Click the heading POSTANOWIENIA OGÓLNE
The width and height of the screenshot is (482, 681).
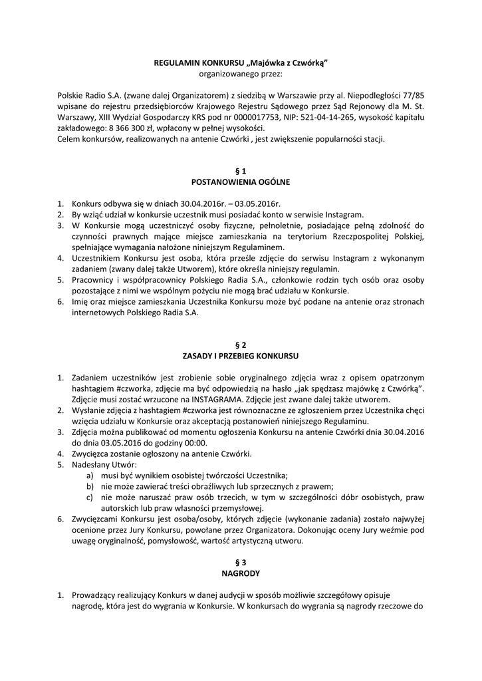(x=241, y=181)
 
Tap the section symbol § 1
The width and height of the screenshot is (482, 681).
(x=241, y=171)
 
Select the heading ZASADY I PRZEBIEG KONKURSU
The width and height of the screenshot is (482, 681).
(x=241, y=356)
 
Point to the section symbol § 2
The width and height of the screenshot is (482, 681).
(x=241, y=345)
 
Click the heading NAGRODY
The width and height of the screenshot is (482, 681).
(x=241, y=572)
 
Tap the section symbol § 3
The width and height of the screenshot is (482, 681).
(x=241, y=562)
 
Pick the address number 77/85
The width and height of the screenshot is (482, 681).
(x=413, y=95)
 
